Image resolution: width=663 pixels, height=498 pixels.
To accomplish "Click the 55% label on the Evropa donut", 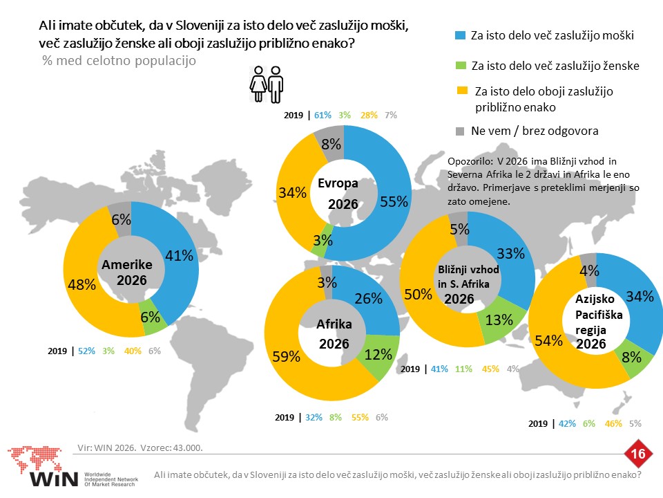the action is coord(394,201).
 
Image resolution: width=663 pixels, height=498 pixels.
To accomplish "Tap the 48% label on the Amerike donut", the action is coord(81,284).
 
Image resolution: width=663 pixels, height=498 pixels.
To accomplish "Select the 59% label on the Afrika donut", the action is coord(286,357).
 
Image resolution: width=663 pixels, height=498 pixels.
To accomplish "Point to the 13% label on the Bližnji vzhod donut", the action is coord(499,320).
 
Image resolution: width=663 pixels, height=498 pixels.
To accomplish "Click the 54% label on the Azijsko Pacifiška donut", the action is coord(548,340).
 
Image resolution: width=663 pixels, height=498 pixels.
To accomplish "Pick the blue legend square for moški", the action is coord(460,35).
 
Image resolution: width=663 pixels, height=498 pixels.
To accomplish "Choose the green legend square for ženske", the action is coord(460,66).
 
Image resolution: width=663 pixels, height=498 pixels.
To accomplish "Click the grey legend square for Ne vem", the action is coord(460,131).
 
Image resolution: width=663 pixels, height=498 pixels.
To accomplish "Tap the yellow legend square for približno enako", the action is coord(462,91).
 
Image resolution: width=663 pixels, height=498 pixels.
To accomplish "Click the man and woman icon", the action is coord(267,84).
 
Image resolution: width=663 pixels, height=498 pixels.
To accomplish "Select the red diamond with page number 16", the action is coord(637,454).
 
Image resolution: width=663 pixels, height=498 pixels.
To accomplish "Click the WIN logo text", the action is coord(54,479).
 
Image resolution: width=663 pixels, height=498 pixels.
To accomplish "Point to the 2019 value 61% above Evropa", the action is coord(323,116).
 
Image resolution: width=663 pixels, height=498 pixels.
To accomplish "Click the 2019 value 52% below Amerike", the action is coord(86,351).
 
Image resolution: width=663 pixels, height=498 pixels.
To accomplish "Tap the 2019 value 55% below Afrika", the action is coord(360,418).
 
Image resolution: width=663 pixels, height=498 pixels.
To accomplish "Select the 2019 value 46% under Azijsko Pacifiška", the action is coord(613,423).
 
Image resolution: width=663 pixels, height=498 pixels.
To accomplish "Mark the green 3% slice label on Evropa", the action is coord(323,241).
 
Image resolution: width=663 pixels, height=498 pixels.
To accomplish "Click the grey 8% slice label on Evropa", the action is coord(331,145).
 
